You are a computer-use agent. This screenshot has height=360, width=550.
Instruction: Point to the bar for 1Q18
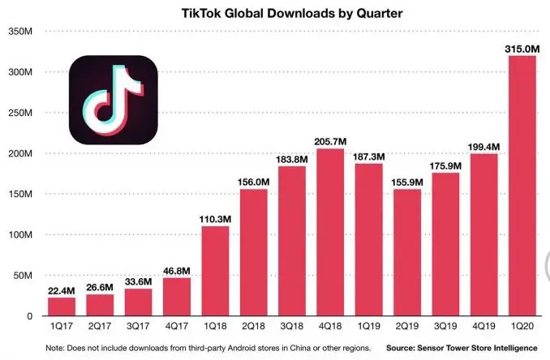click(215, 271)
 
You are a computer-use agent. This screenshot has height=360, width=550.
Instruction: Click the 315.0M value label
click(522, 48)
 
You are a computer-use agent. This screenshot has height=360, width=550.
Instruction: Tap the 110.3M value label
click(215, 218)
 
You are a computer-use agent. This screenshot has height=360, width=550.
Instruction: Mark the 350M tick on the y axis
click(20, 32)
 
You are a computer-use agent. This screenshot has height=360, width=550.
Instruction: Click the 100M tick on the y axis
click(20, 235)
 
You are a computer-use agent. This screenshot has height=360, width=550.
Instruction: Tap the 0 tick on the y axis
click(28, 316)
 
